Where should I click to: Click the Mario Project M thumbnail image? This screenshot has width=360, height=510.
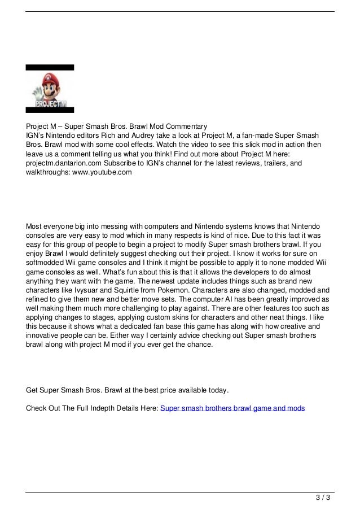click(x=50, y=89)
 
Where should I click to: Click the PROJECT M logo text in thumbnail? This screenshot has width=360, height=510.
click(x=51, y=104)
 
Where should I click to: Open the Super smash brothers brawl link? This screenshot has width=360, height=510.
click(x=232, y=407)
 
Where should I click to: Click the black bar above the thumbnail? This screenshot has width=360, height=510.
click(x=50, y=67)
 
